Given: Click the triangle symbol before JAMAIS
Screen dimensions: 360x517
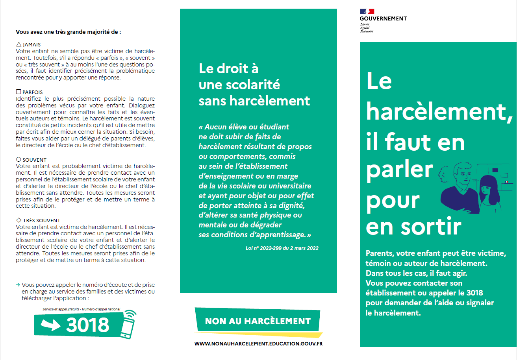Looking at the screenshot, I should click(19, 44).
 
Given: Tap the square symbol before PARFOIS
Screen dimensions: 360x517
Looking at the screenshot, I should click(19, 92).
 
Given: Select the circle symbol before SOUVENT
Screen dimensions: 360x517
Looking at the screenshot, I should click(19, 160).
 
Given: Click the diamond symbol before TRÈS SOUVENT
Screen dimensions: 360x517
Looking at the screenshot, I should click(19, 220).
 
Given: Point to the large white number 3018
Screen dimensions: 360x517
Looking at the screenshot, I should click(87, 325).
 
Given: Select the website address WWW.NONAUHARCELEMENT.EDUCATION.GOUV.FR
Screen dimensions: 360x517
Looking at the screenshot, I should click(258, 343).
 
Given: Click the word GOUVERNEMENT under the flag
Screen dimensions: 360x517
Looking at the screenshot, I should click(383, 18).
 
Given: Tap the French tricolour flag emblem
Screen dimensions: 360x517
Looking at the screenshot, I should click(367, 12).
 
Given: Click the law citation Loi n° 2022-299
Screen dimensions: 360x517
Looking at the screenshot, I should click(282, 248).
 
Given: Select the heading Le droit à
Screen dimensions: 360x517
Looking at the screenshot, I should click(228, 68).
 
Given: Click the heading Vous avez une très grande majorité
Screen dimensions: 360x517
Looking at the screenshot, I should click(68, 32).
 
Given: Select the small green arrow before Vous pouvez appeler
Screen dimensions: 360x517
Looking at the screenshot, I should click(18, 284).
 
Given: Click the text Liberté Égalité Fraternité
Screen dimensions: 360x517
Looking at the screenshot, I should click(366, 28).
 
